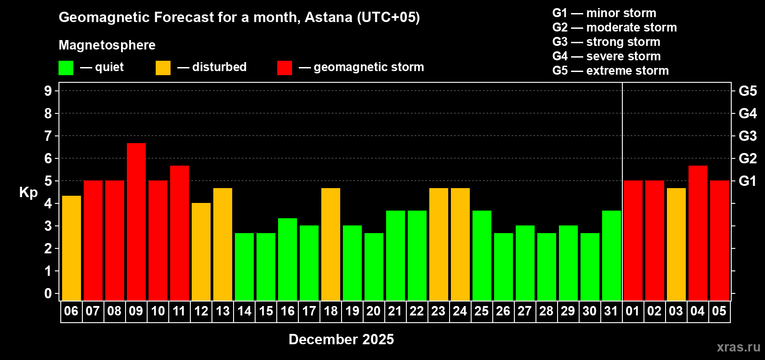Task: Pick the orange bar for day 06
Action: [72, 248]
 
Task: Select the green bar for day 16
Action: [288, 259]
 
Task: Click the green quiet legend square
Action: [66, 68]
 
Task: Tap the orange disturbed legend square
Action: [163, 68]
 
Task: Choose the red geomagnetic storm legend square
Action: [284, 68]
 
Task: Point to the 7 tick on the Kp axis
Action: [48, 136]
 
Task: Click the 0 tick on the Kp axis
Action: [48, 294]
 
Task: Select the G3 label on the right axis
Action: [747, 136]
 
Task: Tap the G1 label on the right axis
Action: [747, 181]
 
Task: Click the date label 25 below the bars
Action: [481, 311]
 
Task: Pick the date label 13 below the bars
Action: [223, 311]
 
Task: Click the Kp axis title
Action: [28, 192]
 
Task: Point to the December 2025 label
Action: [341, 339]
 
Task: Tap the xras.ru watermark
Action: [738, 347]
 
